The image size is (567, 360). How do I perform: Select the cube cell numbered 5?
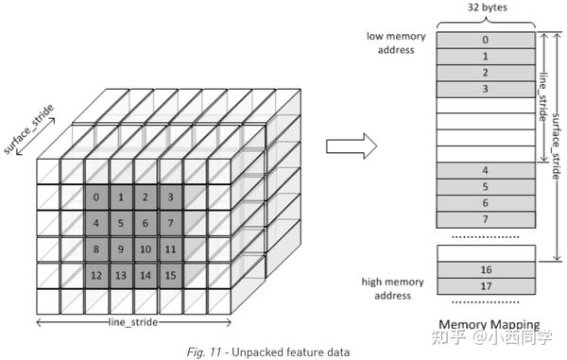pos(121,223)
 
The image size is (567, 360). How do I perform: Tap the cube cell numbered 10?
pos(146,249)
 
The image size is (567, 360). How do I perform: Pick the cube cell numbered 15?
pos(170,275)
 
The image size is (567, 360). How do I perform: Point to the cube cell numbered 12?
pos(96,275)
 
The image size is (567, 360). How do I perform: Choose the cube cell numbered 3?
pos(170,197)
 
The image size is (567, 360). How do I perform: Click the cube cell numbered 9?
pos(121,249)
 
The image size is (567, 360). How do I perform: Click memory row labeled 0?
pos(486,40)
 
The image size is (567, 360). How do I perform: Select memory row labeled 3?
pos(486,89)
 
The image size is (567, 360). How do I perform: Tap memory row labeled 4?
pos(486,170)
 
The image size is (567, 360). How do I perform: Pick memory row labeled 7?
pos(486,218)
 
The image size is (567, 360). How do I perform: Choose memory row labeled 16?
pos(486,269)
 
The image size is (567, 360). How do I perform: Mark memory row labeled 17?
pos(486,285)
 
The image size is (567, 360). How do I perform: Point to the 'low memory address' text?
pos(397,43)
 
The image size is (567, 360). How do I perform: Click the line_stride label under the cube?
pos(133,322)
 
